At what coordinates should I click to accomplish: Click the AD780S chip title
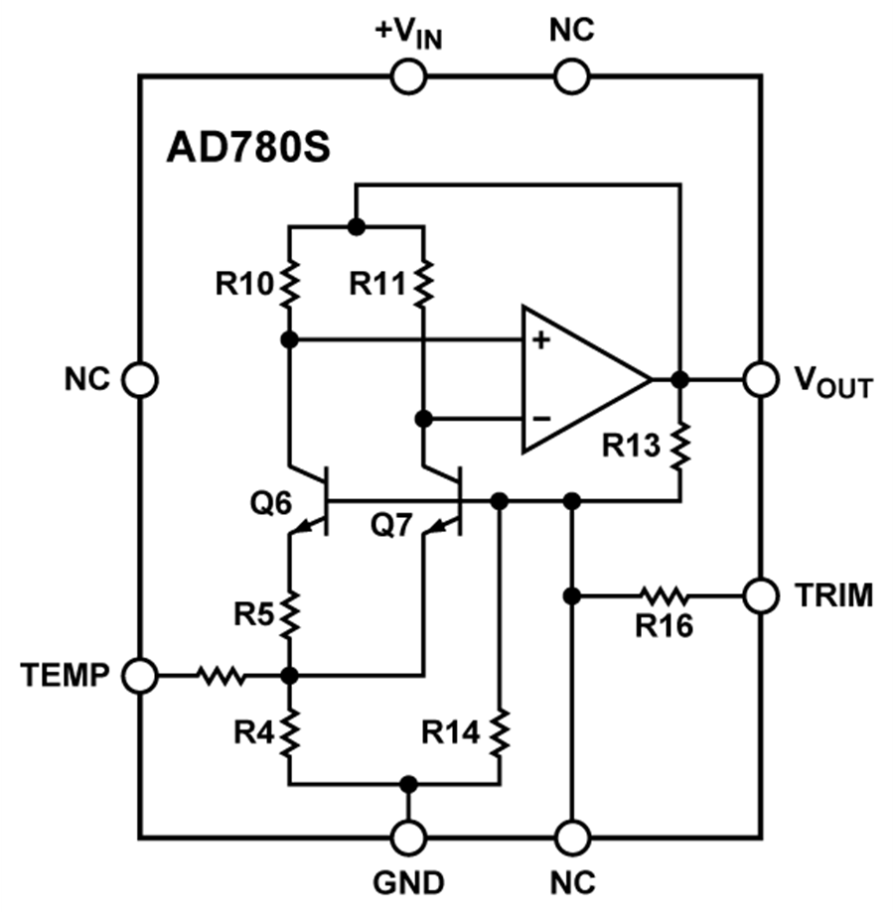tap(247, 148)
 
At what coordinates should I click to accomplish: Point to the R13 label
tap(631, 446)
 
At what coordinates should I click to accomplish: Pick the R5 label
tap(253, 614)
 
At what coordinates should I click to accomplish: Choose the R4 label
tap(253, 732)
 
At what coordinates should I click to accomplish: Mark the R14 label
tap(450, 732)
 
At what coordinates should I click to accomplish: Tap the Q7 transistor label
tap(390, 525)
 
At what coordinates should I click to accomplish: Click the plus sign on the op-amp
tap(540, 341)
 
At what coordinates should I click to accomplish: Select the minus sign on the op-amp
tap(540, 418)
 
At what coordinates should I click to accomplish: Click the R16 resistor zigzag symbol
tap(664, 596)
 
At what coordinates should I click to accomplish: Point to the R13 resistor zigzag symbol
tap(680, 445)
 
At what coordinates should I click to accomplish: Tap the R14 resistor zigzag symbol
tap(500, 732)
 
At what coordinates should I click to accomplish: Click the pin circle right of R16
tap(760, 595)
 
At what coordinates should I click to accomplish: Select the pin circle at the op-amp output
tap(760, 379)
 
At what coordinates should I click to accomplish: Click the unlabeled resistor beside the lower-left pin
tap(221, 676)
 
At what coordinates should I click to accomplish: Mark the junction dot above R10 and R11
tap(357, 226)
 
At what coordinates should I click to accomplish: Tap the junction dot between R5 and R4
tap(290, 676)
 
